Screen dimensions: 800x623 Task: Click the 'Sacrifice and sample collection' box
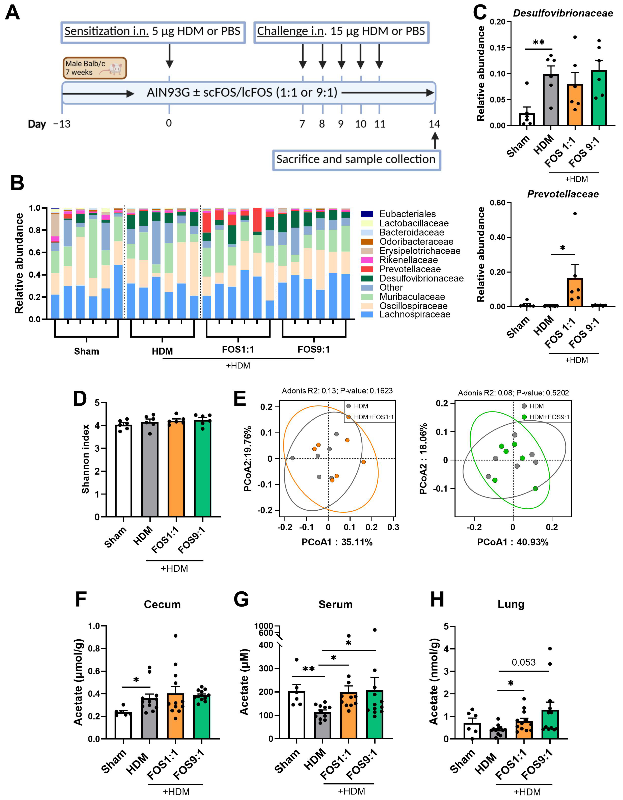pos(356,160)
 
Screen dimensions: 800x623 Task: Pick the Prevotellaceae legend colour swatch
pos(367,269)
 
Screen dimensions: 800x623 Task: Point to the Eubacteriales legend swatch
pos(367,214)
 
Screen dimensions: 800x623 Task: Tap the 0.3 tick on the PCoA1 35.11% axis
pos(393,527)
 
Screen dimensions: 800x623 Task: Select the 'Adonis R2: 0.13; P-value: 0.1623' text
pos(337,391)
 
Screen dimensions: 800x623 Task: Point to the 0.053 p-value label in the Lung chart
pos(523,662)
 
